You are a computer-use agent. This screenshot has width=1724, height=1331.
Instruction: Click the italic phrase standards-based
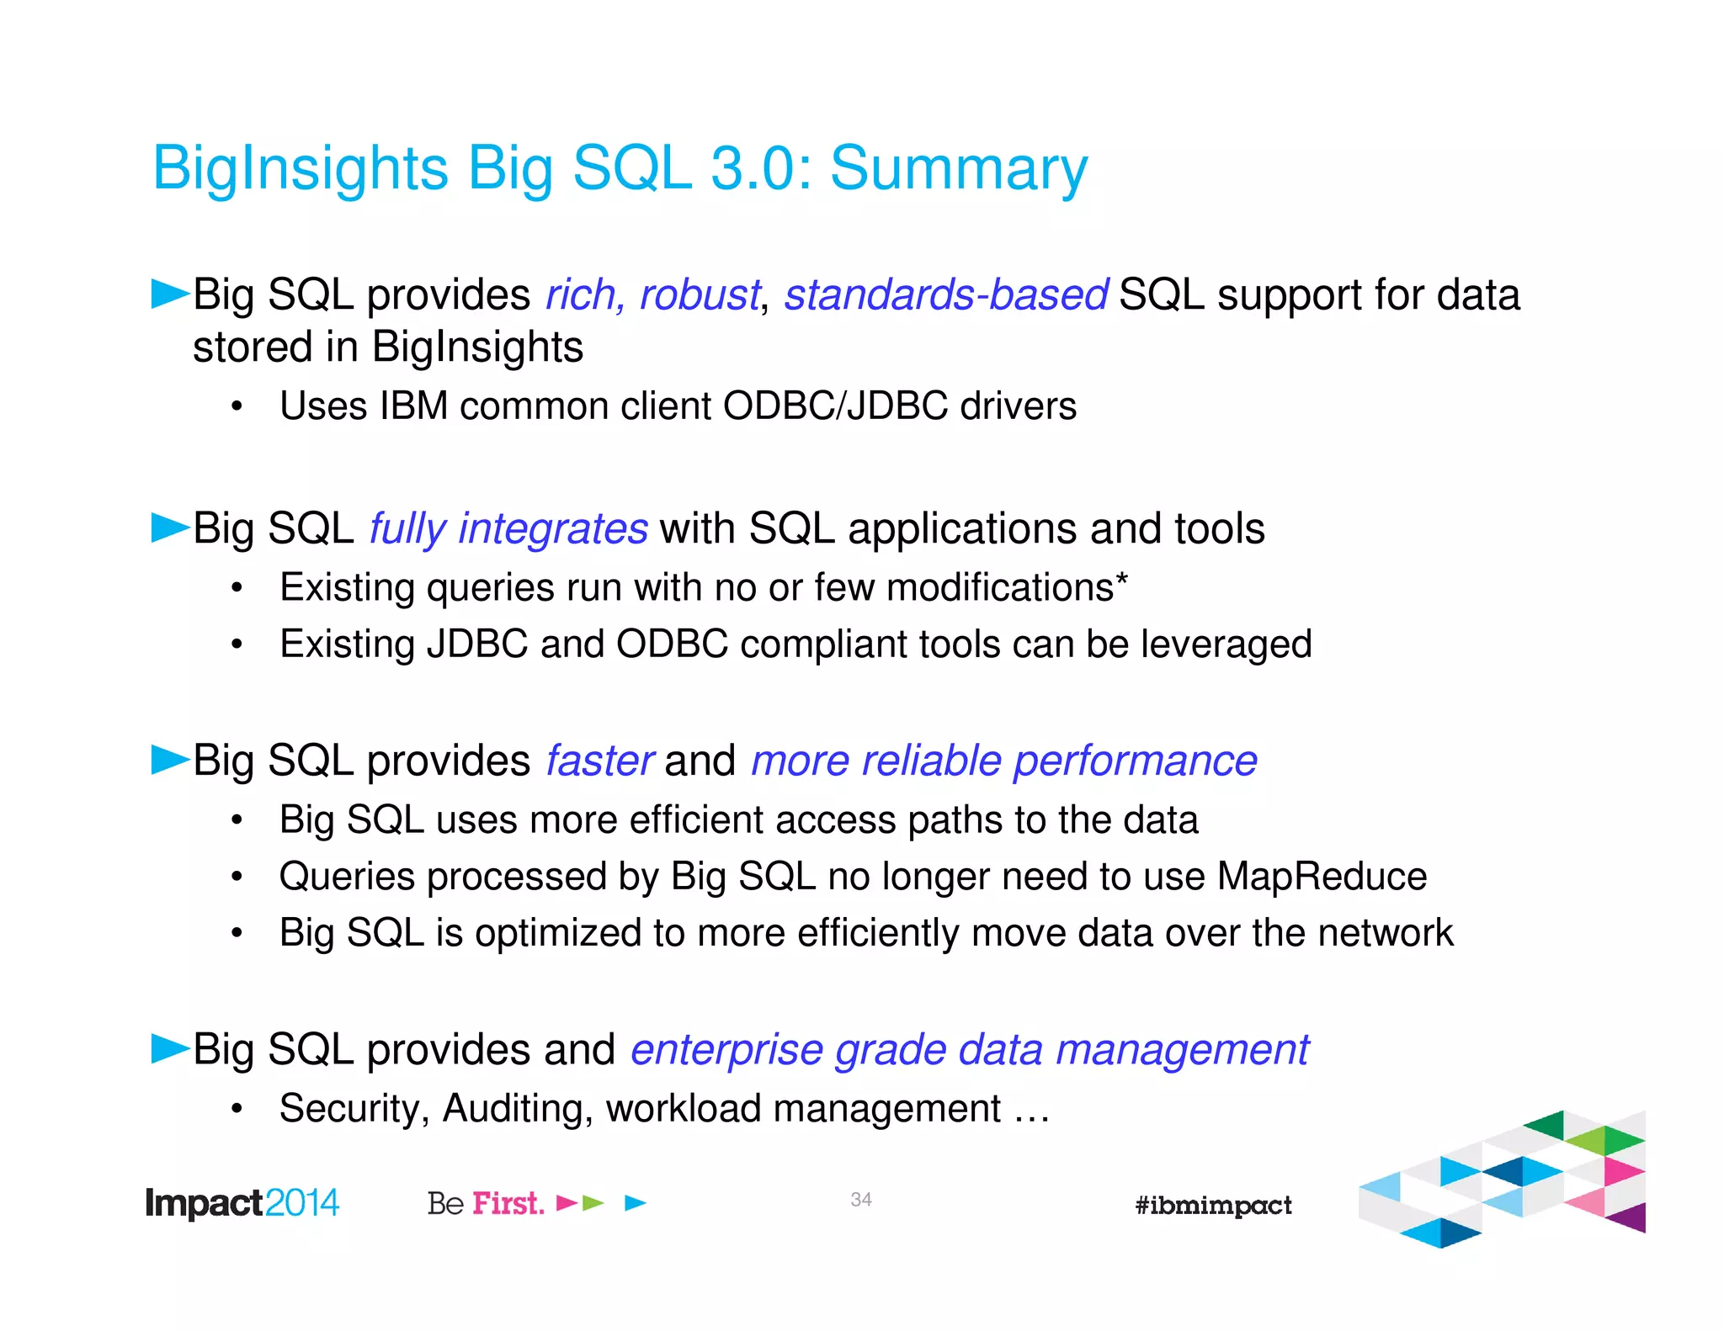click(945, 295)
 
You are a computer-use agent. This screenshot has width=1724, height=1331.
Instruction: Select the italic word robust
click(699, 295)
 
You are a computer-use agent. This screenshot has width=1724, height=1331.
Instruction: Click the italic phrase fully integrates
click(508, 529)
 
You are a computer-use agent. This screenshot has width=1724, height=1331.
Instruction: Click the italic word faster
click(599, 761)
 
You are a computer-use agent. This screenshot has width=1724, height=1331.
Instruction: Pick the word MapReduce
click(1322, 877)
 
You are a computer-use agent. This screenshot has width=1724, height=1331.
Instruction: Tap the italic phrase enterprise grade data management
click(970, 1051)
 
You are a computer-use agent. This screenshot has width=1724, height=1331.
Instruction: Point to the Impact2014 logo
click(242, 1203)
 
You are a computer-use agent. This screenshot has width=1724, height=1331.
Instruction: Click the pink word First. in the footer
click(508, 1203)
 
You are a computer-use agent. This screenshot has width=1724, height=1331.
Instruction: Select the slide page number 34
click(860, 1200)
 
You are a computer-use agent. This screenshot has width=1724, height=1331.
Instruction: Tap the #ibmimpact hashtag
click(1212, 1206)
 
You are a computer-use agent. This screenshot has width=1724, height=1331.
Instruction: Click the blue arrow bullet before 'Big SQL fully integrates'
click(169, 528)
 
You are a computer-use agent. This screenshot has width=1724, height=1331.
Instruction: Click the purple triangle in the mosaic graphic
click(1631, 1218)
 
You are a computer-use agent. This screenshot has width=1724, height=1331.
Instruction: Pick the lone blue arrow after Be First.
click(635, 1203)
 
